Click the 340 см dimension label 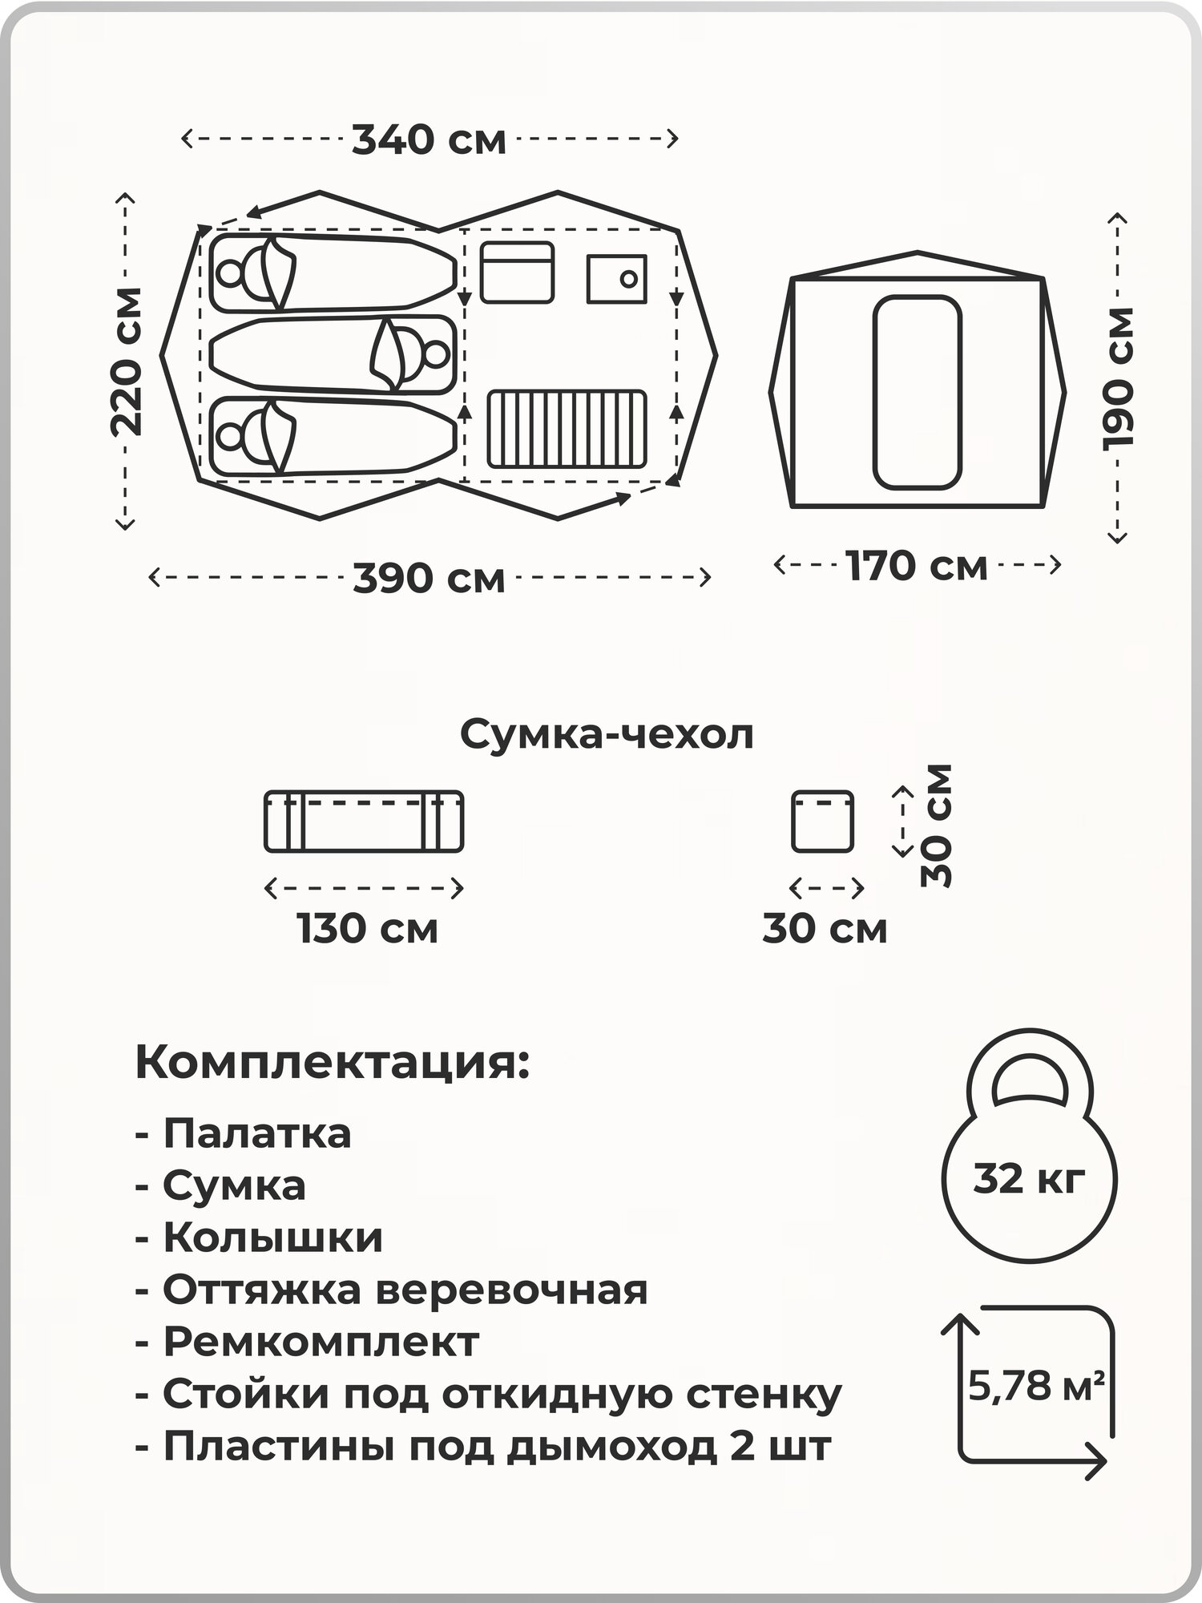pyautogui.click(x=430, y=140)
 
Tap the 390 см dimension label pyautogui.click(x=430, y=578)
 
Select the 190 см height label pyautogui.click(x=1118, y=377)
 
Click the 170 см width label pyautogui.click(x=917, y=566)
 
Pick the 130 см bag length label pyautogui.click(x=368, y=929)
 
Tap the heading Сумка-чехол pyautogui.click(x=607, y=734)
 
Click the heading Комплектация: pyautogui.click(x=333, y=1063)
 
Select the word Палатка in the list pyautogui.click(x=257, y=1134)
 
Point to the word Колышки pyautogui.click(x=273, y=1238)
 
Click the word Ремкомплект pyautogui.click(x=321, y=1341)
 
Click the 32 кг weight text pyautogui.click(x=1030, y=1179)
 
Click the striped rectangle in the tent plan pyautogui.click(x=567, y=428)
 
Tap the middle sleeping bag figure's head pyautogui.click(x=435, y=353)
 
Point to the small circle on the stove pyautogui.click(x=629, y=279)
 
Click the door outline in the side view pyautogui.click(x=917, y=392)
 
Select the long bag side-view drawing pyautogui.click(x=364, y=822)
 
